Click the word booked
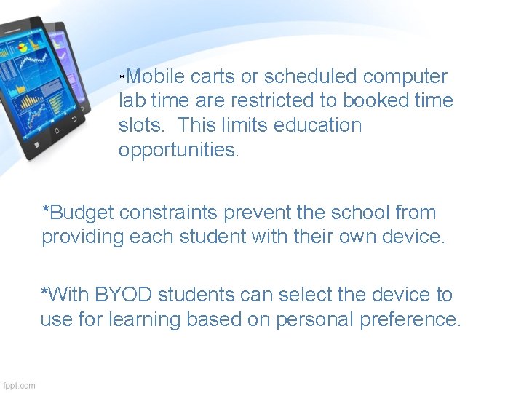(x=375, y=100)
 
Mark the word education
(x=318, y=125)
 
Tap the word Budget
(x=82, y=213)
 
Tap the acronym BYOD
(x=130, y=295)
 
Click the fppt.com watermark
(x=19, y=385)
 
